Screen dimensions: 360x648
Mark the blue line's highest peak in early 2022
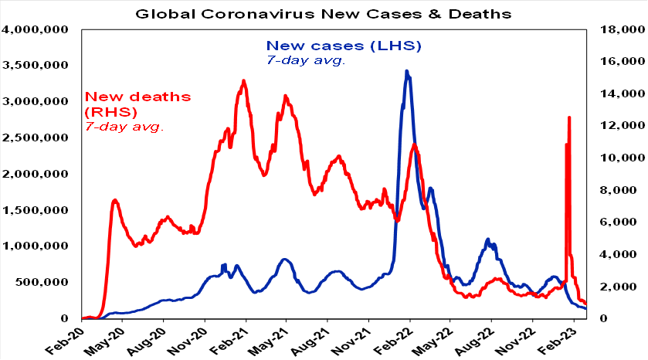pos(406,71)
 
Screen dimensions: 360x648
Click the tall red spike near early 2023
pos(569,117)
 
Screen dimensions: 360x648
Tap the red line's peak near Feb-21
pos(243,80)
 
